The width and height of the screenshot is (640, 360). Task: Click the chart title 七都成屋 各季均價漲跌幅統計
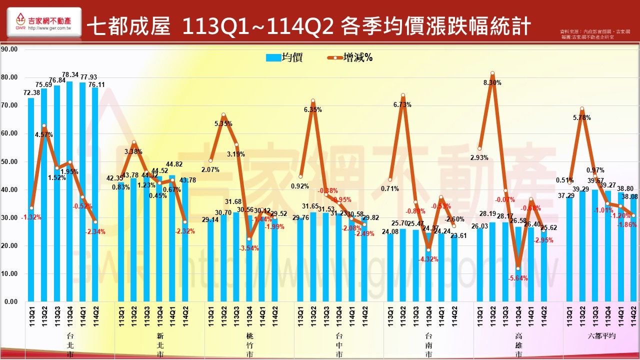click(308, 26)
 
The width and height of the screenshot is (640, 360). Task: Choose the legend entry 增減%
click(350, 57)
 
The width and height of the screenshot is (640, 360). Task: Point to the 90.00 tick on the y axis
click(9, 49)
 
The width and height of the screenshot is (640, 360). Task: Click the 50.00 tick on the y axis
click(9, 161)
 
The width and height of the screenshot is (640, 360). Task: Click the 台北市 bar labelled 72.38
click(31, 200)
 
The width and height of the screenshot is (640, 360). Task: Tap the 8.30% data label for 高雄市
click(492, 83)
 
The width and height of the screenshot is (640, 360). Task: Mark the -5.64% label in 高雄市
click(517, 278)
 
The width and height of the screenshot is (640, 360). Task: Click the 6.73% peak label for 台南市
click(402, 105)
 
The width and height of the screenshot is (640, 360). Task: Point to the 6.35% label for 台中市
click(312, 109)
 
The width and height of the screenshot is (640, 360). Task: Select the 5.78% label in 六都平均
click(582, 118)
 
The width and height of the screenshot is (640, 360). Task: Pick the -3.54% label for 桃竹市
click(249, 248)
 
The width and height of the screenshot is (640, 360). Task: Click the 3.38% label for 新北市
click(133, 151)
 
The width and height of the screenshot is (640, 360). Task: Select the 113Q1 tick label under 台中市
click(300, 316)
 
